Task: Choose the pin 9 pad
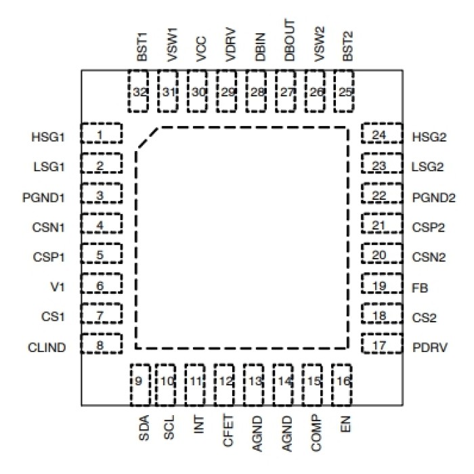(139, 381)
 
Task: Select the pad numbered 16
(343, 381)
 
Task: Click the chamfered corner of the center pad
(148, 137)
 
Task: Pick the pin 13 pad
(255, 381)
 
